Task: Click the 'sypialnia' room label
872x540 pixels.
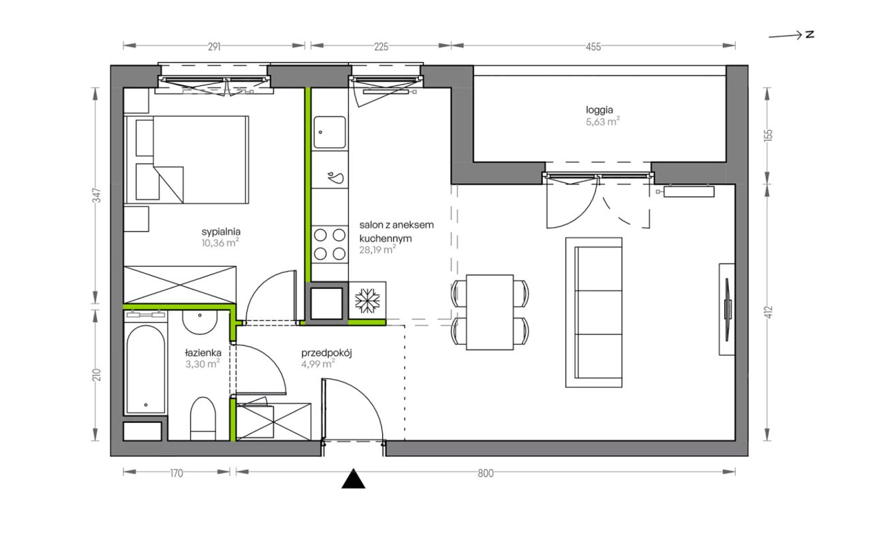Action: [221, 232]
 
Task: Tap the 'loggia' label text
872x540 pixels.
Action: [599, 110]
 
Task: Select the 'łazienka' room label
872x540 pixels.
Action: [203, 353]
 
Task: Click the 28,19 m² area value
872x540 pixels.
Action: [377, 249]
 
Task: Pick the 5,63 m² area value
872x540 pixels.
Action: [603, 121]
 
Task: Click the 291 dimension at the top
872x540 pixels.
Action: [214, 47]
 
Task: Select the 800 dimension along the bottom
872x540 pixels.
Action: [486, 473]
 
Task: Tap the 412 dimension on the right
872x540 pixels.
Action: [768, 313]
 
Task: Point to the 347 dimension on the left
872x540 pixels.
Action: [97, 195]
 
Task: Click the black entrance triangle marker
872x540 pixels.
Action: [353, 479]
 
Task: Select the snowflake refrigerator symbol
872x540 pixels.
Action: [367, 301]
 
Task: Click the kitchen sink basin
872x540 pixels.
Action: [330, 132]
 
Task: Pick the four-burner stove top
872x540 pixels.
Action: [330, 244]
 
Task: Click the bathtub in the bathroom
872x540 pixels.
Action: [146, 369]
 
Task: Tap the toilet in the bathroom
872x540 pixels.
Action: [202, 419]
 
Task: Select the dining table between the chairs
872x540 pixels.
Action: [490, 313]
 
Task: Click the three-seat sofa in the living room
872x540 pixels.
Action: [593, 313]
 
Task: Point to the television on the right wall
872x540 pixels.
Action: [727, 309]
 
